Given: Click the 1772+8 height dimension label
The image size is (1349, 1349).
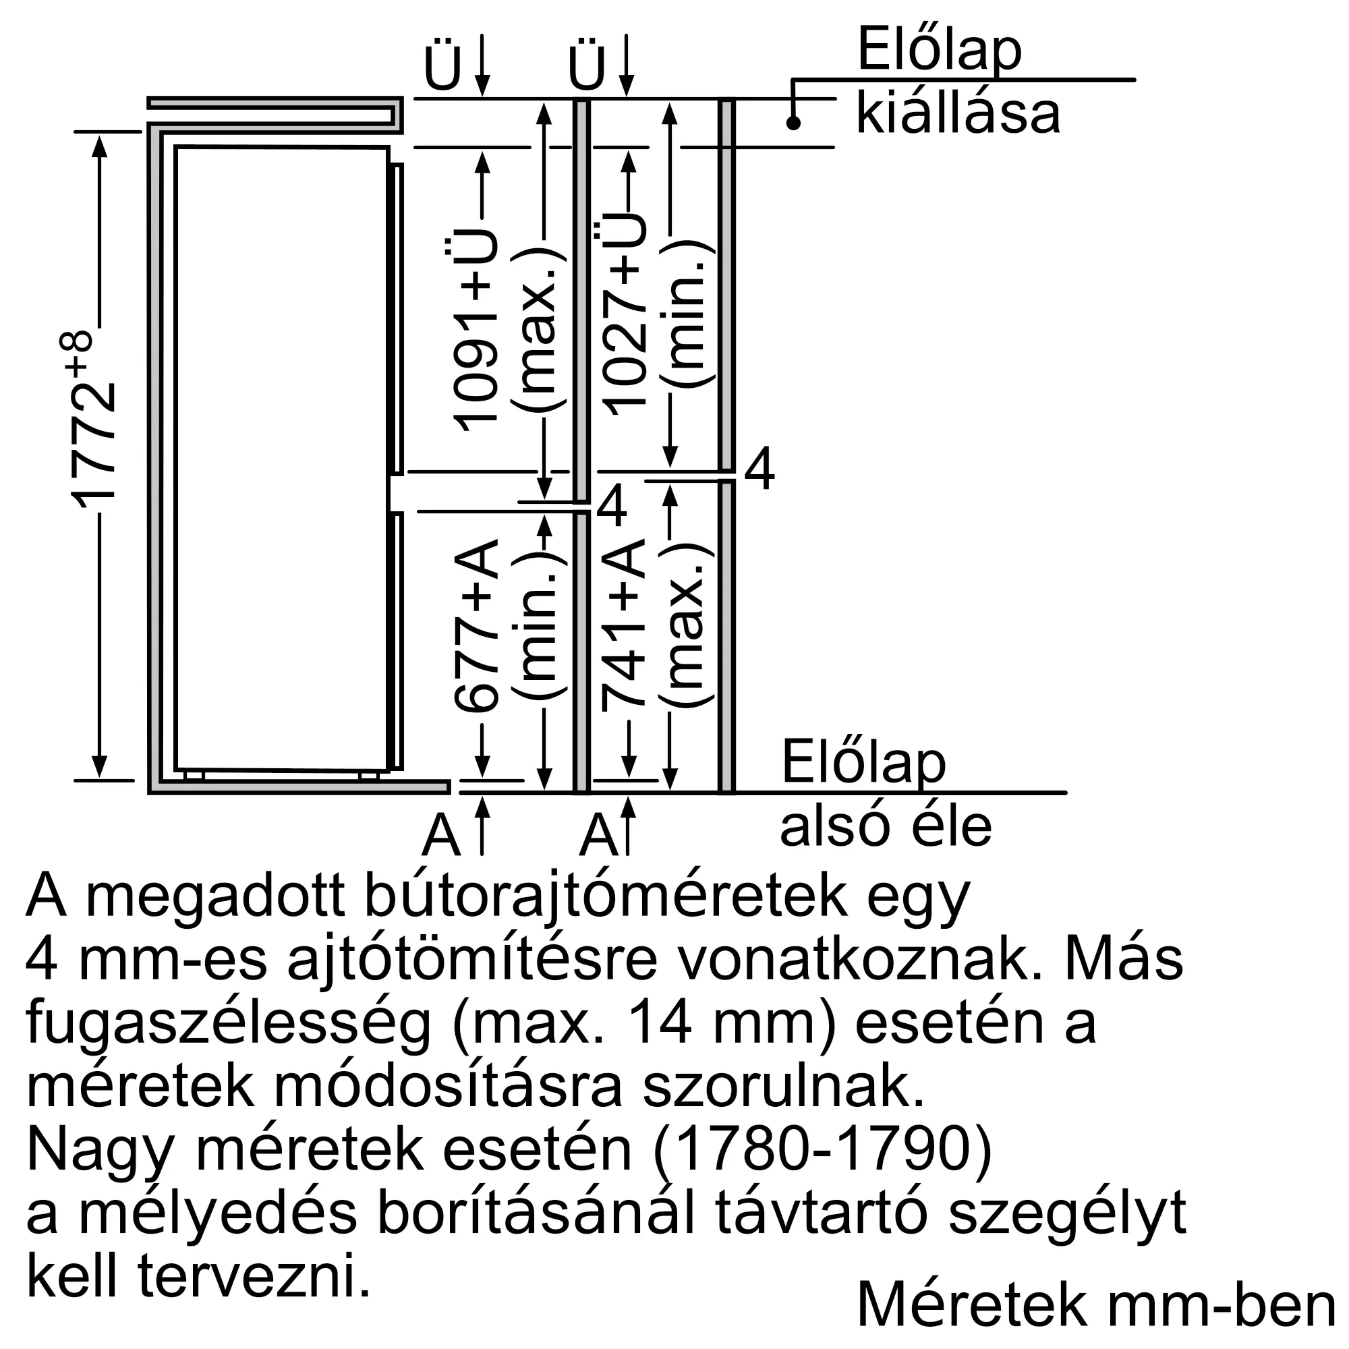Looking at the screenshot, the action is pyautogui.click(x=93, y=419).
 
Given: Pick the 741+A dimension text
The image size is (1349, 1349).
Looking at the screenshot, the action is pyautogui.click(x=623, y=625).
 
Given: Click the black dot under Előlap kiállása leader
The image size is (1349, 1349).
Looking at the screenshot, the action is pyautogui.click(x=793, y=123).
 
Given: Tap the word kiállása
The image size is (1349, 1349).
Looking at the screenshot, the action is pyautogui.click(x=958, y=114).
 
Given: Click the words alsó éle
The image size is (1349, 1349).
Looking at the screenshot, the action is pyautogui.click(x=886, y=827).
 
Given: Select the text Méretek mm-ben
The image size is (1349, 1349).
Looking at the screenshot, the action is pyautogui.click(x=1095, y=1304).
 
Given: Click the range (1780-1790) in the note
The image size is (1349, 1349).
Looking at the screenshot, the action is pyautogui.click(x=822, y=1150).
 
